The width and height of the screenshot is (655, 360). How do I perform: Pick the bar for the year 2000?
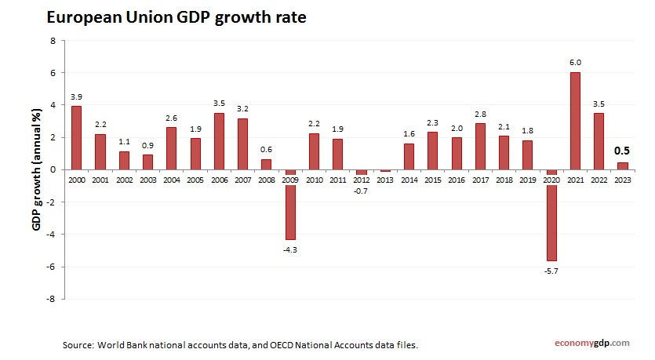click(x=76, y=137)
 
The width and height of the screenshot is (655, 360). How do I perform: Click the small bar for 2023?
click(x=622, y=165)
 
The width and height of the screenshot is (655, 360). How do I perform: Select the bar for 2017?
click(x=480, y=146)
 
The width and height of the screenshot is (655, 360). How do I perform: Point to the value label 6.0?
click(x=575, y=62)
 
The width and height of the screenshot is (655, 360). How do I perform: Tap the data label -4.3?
click(x=290, y=249)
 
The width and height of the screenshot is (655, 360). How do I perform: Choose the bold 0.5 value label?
click(x=622, y=151)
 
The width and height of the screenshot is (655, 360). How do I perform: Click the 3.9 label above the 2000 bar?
click(x=76, y=96)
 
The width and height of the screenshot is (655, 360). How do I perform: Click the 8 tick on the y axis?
click(x=53, y=40)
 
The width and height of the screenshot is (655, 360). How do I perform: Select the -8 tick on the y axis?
click(x=50, y=299)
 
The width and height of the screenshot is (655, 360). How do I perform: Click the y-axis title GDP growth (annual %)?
click(x=36, y=169)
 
